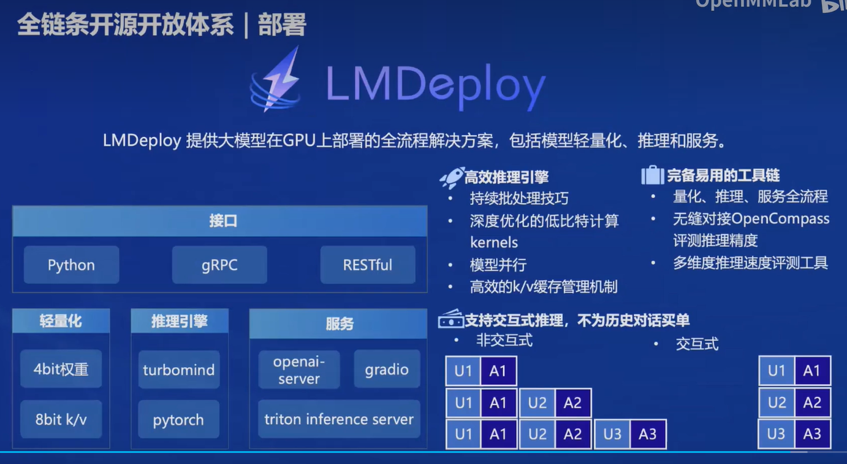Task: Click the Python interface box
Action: [71, 265]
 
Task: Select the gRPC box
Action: [219, 265]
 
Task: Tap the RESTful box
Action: [368, 265]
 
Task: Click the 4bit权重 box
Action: [61, 369]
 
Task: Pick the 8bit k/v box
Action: [61, 420]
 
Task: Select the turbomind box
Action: [178, 370]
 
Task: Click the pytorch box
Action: [178, 420]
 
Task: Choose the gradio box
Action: [387, 369]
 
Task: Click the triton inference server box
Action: [339, 420]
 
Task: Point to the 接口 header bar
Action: [219, 221]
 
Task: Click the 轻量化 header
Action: [61, 321]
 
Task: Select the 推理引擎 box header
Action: [180, 321]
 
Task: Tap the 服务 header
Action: [338, 323]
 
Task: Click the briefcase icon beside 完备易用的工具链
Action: [652, 176]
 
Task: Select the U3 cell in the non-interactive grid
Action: [612, 435]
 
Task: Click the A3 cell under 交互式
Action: [812, 435]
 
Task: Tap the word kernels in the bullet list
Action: [494, 242]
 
